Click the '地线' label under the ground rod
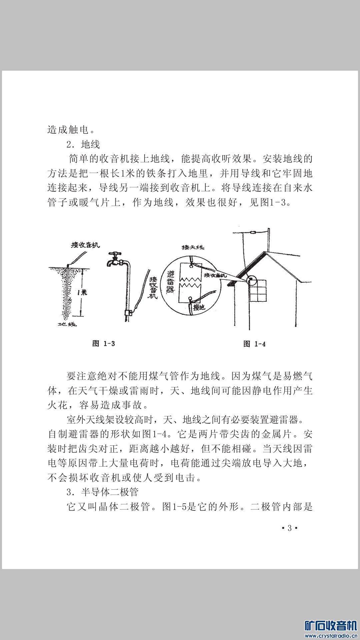click(68, 324)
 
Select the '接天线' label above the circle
click(193, 247)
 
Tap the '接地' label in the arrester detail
click(199, 307)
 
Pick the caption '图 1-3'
click(104, 344)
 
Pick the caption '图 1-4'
click(254, 344)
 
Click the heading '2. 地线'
click(83, 144)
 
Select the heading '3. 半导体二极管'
click(102, 492)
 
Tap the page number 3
click(289, 528)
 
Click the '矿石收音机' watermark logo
click(330, 626)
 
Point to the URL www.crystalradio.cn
click(331, 636)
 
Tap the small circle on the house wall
click(252, 280)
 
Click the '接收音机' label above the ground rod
click(85, 245)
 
